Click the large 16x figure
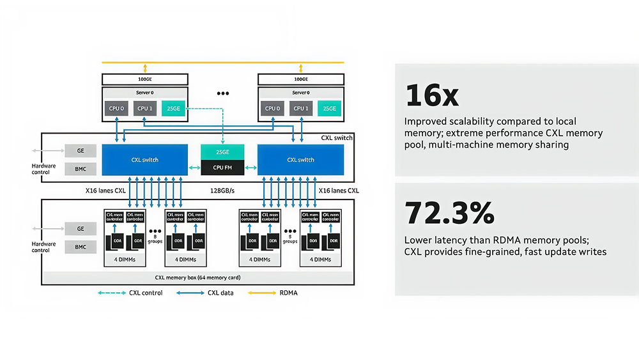(432, 95)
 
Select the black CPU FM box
(222, 168)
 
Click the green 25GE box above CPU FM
(222, 152)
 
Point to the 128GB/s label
(222, 191)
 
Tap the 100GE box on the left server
(145, 79)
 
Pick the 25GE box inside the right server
(329, 109)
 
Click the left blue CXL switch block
(145, 160)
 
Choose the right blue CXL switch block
(300, 160)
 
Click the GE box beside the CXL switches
(81, 150)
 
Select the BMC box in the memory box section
(81, 246)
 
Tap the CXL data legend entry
(206, 293)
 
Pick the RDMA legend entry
(273, 293)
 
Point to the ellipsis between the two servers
(222, 93)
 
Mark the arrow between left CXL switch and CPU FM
(194, 168)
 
